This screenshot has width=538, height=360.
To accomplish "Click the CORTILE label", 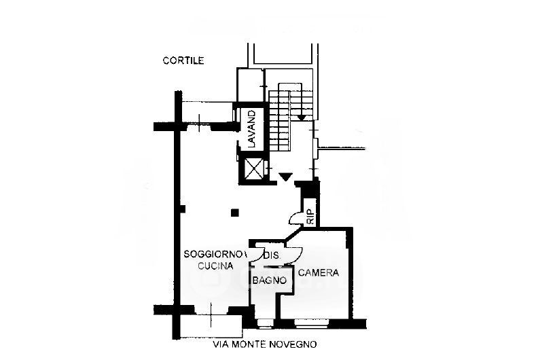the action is point(183,60).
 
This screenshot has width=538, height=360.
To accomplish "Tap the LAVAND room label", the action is point(251,130).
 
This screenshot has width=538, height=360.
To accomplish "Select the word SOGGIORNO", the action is point(209,254).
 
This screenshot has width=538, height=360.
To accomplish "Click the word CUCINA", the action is point(216,266).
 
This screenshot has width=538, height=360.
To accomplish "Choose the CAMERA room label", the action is point(319,273).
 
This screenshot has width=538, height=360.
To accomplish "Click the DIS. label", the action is point(271,255).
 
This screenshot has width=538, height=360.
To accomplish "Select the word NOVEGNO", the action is point(293,344).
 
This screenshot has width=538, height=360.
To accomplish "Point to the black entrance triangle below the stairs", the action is point(286,177).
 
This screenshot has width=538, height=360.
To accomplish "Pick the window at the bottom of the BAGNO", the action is point(266,318).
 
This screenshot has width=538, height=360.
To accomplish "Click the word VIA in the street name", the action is point(221,344).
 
